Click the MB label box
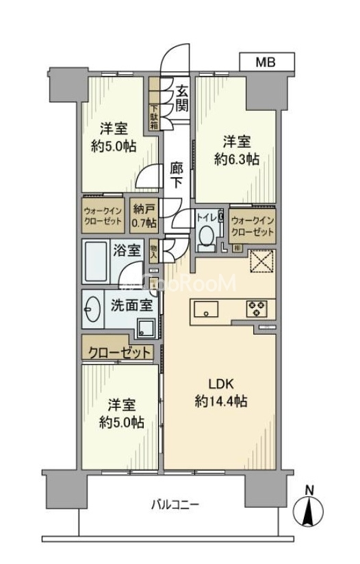click(266, 62)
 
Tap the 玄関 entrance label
click(181, 98)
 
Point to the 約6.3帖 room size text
click(236, 159)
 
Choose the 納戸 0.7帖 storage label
click(144, 217)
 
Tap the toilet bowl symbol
click(204, 236)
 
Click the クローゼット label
click(120, 352)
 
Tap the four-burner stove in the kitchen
click(257, 309)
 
